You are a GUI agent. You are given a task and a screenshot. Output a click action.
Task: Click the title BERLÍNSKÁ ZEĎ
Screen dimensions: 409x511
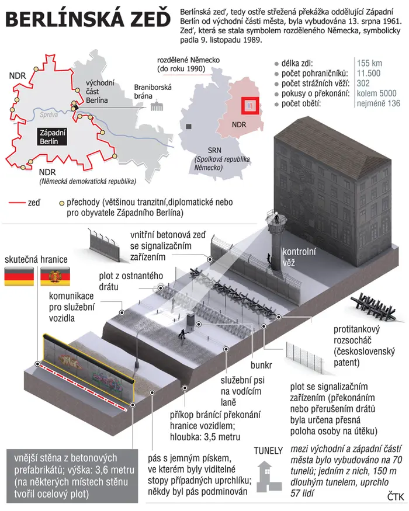pyautogui.click(x=88, y=19)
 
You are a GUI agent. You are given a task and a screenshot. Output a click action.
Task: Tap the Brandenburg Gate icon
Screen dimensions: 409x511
pyautogui.click(x=157, y=106)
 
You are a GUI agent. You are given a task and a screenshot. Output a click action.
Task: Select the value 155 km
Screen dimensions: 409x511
pyautogui.click(x=369, y=63)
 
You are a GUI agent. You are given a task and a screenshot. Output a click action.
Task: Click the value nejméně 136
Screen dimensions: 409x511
pyautogui.click(x=378, y=103)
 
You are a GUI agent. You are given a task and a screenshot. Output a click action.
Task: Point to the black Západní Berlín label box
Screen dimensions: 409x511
pyautogui.click(x=51, y=137)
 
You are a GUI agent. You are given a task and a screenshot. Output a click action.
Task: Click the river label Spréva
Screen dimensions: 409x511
pyautogui.click(x=48, y=114)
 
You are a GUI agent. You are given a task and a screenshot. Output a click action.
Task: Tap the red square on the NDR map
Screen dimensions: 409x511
pyautogui.click(x=250, y=106)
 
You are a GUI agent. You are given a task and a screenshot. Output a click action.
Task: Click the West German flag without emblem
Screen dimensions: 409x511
pyautogui.click(x=19, y=276)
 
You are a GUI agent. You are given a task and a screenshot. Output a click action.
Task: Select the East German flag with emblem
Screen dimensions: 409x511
pyautogui.click(x=55, y=276)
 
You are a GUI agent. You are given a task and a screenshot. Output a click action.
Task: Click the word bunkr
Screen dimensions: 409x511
pyautogui.click(x=261, y=365)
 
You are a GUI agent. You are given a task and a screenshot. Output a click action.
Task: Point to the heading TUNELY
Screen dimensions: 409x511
pyautogui.click(x=268, y=451)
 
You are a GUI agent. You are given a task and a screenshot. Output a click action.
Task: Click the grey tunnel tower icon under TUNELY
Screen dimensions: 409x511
pyautogui.click(x=269, y=477)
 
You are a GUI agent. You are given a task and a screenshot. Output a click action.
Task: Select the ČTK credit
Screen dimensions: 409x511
pyautogui.click(x=396, y=496)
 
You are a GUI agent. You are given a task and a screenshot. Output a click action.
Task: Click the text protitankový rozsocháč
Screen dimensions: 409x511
pyautogui.click(x=356, y=335)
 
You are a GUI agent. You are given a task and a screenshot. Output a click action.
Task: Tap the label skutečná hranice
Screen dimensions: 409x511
pyautogui.click(x=36, y=259)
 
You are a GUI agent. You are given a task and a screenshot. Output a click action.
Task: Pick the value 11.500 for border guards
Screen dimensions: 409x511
pyautogui.click(x=369, y=73)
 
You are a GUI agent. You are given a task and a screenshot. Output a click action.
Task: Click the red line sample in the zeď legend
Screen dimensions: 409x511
pyautogui.click(x=17, y=203)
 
